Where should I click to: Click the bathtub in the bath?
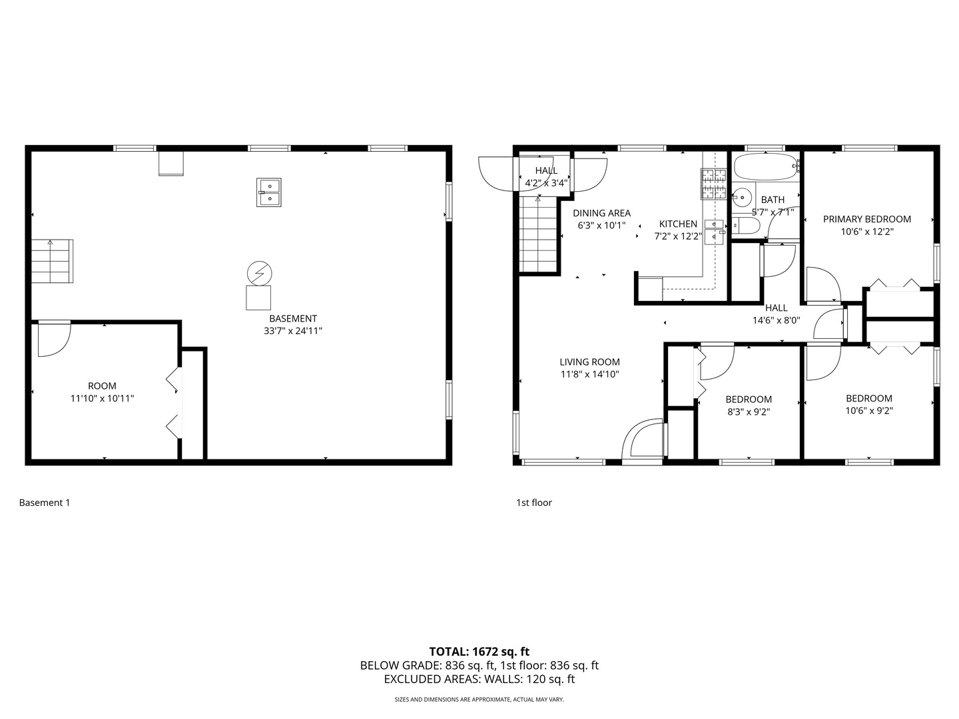pos(765,166)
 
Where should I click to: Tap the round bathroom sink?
pos(741,197)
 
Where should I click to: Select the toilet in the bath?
pos(747,225)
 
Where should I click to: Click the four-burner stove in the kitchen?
pos(713,184)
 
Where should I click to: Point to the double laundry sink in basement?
pos(268,192)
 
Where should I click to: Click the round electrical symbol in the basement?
pos(259,273)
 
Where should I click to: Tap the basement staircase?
pos(52,260)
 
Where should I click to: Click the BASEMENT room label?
pos(293,319)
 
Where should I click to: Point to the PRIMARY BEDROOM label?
pos(866,219)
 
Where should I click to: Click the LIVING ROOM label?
pos(589,362)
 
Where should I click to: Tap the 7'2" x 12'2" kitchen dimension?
pos(678,236)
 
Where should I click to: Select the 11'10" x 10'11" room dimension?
pos(102,399)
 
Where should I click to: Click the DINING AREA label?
pos(601,213)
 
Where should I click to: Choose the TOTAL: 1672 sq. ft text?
pos(479,652)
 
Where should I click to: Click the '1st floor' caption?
pos(534,503)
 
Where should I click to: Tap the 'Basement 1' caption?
pos(45,503)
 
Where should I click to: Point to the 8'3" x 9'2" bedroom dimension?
pos(749,411)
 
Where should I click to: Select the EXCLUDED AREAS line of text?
pos(479,679)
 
